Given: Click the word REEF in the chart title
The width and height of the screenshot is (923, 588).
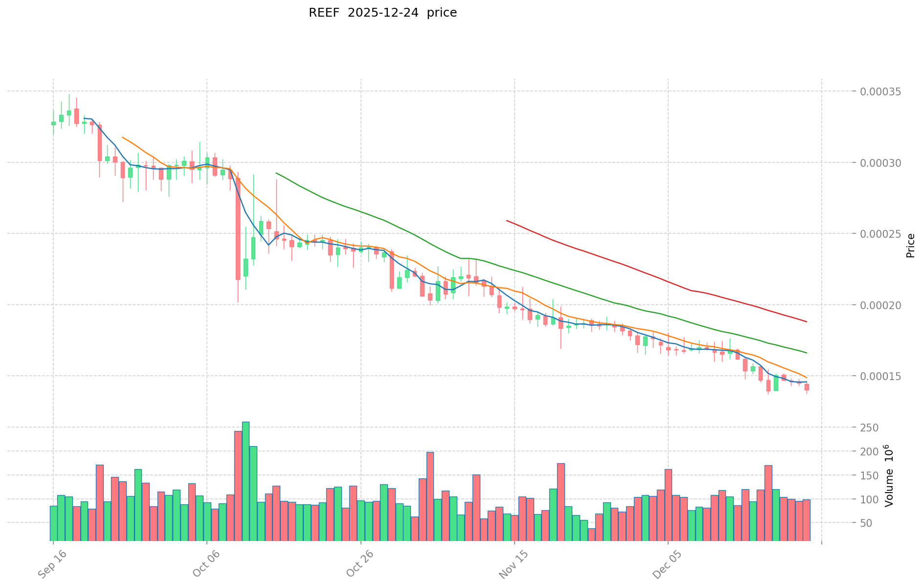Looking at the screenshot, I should [x=324, y=13].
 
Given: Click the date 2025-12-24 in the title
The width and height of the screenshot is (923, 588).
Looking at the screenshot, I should [x=383, y=13].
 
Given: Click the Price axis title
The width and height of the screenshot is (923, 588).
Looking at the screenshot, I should [x=910, y=246].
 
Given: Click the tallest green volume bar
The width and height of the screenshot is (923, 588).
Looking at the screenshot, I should [x=246, y=481].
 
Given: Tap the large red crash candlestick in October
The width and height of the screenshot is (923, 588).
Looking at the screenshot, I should [x=238, y=228].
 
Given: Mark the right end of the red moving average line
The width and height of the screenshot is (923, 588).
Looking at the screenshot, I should [x=806, y=321].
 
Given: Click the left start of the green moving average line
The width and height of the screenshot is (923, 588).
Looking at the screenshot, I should [x=276, y=173].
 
